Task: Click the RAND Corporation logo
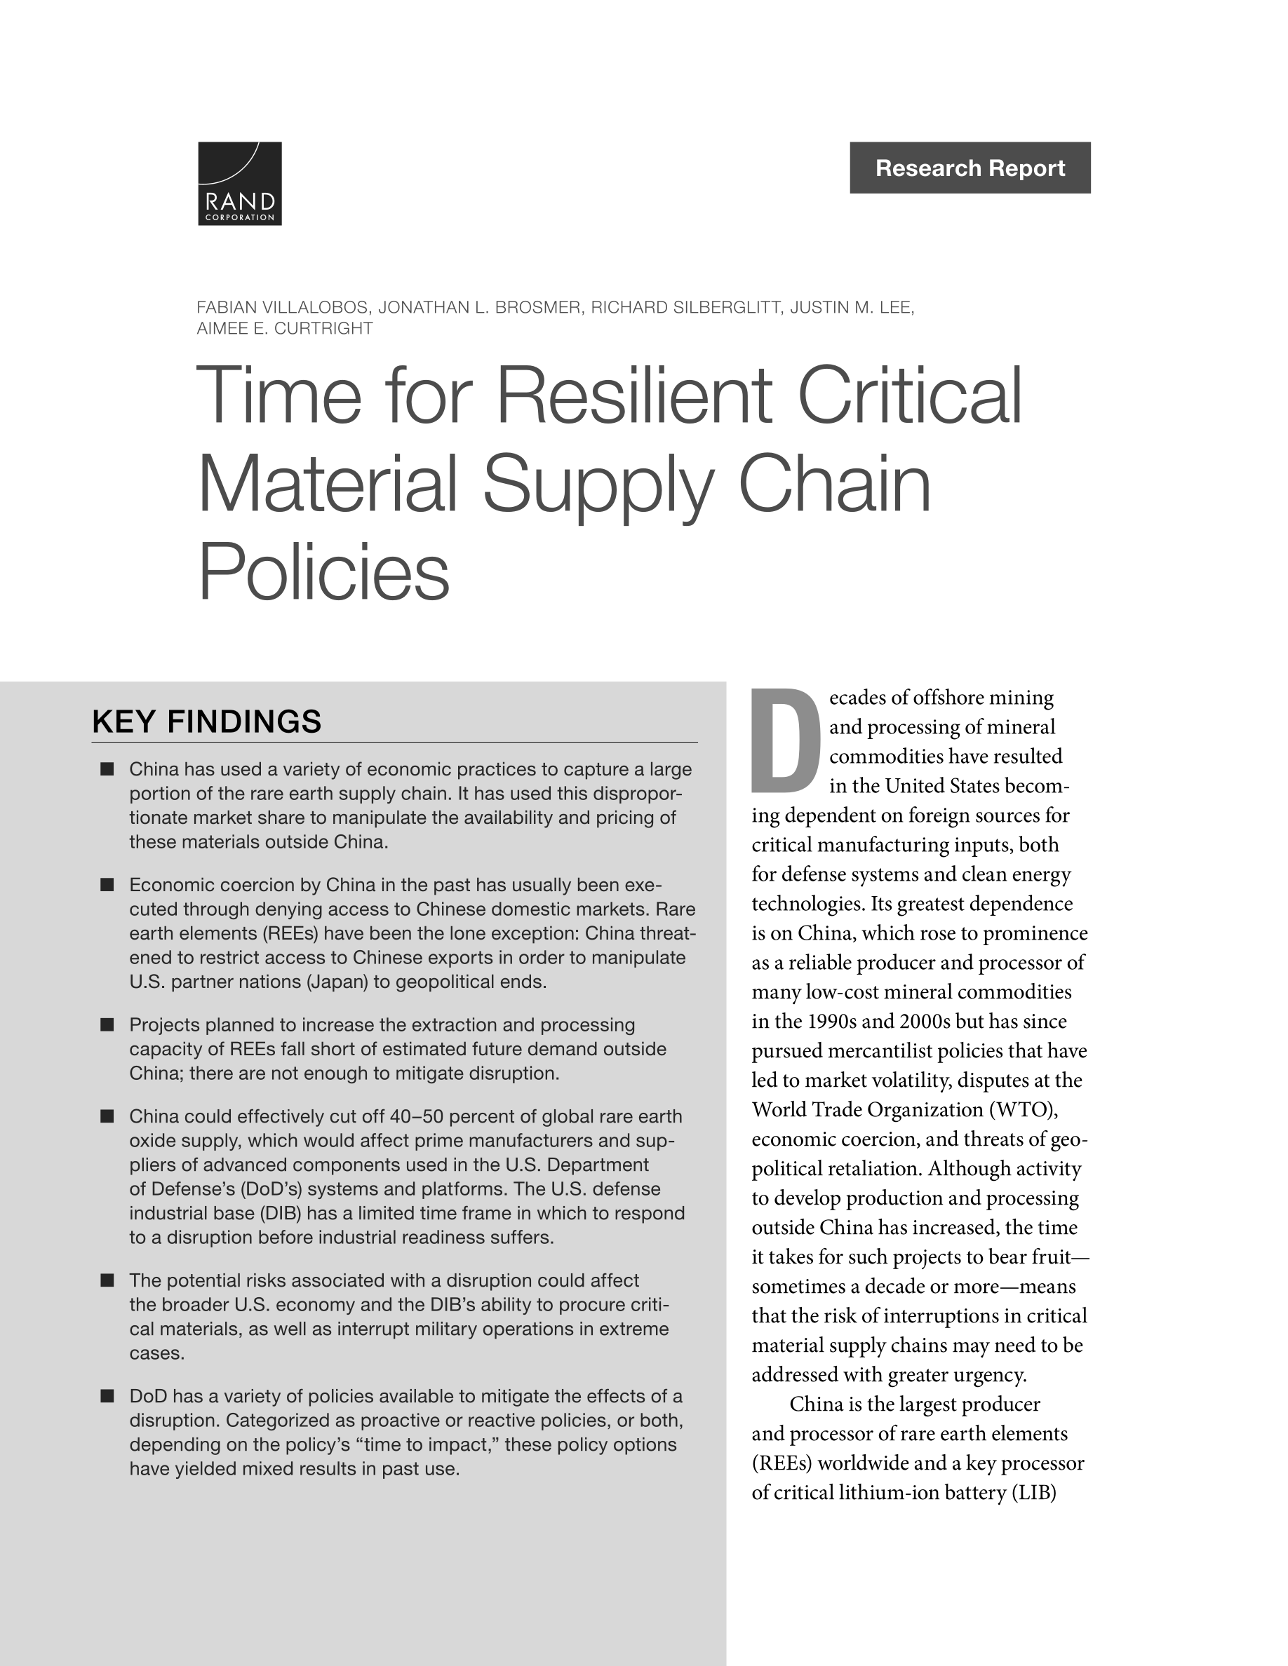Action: click(240, 183)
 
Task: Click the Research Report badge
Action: click(969, 168)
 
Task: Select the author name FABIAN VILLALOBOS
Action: click(281, 307)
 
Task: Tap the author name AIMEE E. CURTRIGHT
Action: click(284, 329)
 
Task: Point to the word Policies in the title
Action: click(323, 571)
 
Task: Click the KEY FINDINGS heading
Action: click(207, 722)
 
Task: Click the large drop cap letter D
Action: click(785, 740)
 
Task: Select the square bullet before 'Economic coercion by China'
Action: click(107, 885)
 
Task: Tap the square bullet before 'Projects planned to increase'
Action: click(107, 1024)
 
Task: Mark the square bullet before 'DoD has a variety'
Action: click(107, 1396)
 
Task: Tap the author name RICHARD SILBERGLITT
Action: click(686, 307)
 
